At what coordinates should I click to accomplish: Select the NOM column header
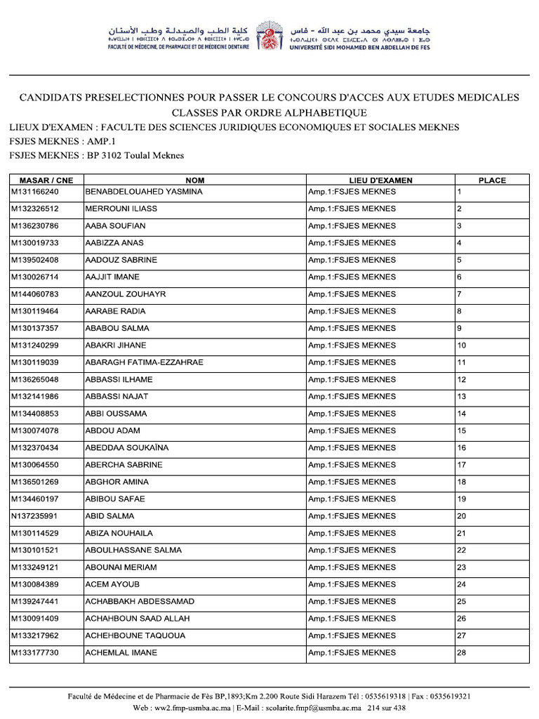[194, 180]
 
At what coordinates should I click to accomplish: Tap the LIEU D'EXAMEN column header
[380, 180]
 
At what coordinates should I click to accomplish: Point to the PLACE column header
[492, 180]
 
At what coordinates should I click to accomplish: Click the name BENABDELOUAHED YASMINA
[144, 192]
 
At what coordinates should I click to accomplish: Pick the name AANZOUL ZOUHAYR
[126, 294]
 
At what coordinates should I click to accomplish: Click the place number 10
[462, 345]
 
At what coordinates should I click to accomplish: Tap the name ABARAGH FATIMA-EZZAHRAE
[144, 362]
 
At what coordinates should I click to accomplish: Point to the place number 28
[462, 653]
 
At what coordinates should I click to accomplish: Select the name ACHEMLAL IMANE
[121, 653]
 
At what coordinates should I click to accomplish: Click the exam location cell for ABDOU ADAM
[352, 430]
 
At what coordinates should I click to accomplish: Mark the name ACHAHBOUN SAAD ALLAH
[138, 619]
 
